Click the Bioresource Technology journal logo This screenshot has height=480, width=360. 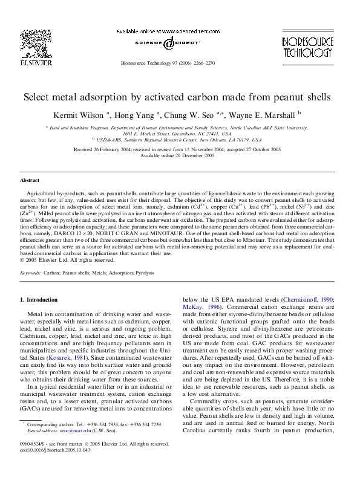[307, 45]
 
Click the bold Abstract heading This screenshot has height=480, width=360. [30, 181]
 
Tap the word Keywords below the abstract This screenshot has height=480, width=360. [30, 273]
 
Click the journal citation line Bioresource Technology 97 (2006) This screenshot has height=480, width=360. [168, 62]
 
